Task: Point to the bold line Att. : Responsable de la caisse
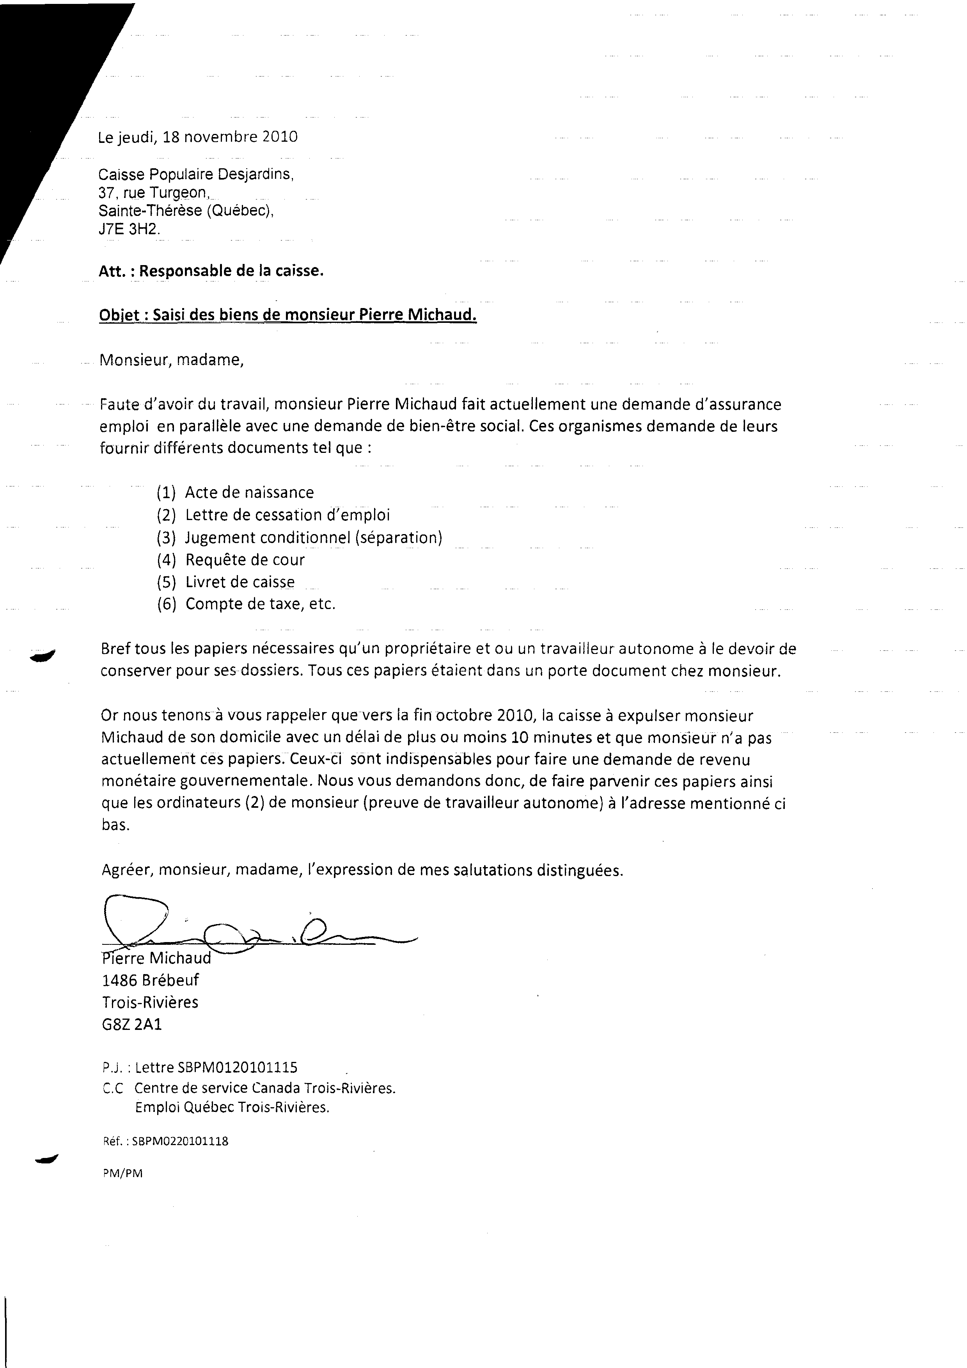coord(211,271)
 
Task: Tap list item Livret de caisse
coord(240,582)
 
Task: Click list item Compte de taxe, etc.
coord(260,604)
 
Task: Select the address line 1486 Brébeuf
coord(150,980)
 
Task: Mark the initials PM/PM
coord(122,1174)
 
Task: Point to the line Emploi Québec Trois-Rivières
coord(232,1108)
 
